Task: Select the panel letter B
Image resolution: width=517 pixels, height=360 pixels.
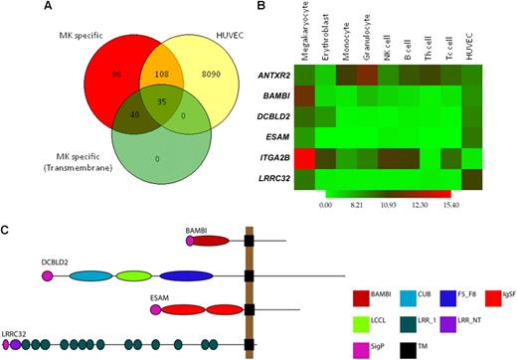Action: coord(260,8)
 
